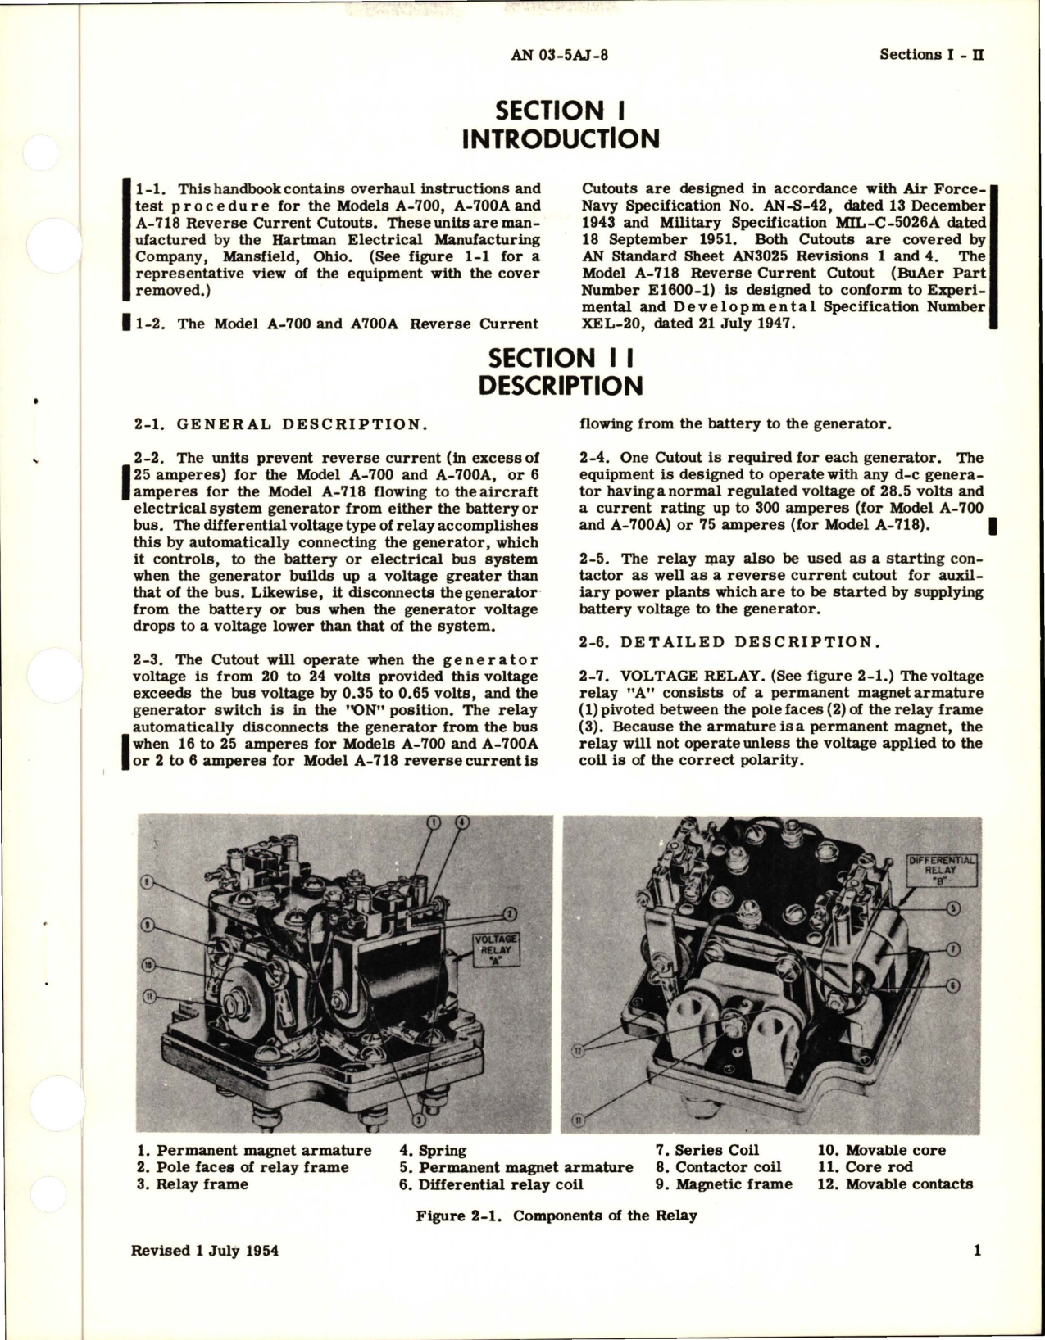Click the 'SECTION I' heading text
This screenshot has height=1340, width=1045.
coord(561,110)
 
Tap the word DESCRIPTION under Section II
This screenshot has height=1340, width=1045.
coord(561,386)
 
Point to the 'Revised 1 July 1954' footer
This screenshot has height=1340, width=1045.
coord(204,1251)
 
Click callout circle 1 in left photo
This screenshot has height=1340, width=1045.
coord(434,822)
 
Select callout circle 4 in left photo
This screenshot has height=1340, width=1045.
coord(462,822)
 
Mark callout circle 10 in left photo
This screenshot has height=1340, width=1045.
coord(147,963)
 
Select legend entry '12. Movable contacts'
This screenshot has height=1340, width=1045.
coord(895,1184)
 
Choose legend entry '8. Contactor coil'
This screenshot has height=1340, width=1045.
coord(718,1167)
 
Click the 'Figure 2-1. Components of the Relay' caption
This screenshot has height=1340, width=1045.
coord(556,1215)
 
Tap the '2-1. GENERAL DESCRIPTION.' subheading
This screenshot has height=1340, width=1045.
coord(279,424)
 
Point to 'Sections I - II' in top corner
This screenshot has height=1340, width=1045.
coord(931,55)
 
